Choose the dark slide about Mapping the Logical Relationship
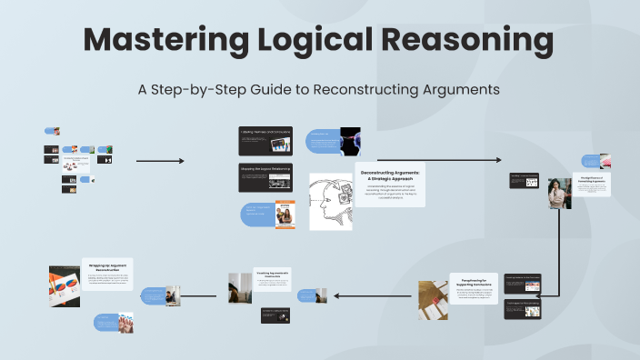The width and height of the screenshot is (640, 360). [265, 176]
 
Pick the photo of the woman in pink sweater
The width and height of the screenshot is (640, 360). [559, 193]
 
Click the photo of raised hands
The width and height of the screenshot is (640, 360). [125, 322]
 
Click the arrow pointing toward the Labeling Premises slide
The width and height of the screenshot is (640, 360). [160, 161]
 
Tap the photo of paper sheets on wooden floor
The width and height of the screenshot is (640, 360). [433, 299]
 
